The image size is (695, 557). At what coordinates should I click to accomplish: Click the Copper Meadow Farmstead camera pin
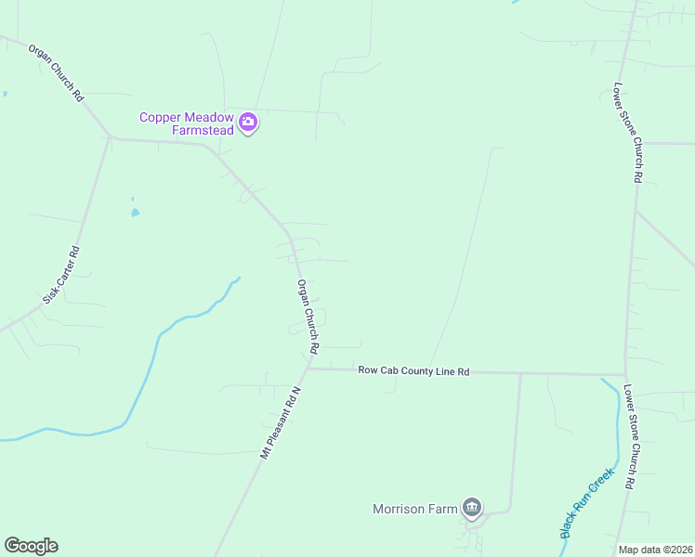[248, 123]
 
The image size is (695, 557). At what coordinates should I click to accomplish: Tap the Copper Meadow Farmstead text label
[186, 123]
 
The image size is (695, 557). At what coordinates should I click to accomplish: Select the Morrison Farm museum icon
[472, 508]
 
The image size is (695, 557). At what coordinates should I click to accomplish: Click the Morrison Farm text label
[415, 509]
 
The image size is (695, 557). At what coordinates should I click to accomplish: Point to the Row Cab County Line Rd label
[413, 371]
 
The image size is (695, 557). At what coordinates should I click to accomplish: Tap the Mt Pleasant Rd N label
[282, 424]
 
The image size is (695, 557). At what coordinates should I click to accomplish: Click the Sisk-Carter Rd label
[62, 276]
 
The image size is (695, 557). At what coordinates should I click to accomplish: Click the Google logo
[31, 546]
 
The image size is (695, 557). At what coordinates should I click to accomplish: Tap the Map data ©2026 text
[655, 550]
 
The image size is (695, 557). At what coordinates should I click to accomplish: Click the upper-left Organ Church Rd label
[57, 71]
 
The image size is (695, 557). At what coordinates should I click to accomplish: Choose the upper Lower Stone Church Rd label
[626, 132]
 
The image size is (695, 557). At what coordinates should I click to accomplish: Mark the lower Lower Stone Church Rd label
[629, 436]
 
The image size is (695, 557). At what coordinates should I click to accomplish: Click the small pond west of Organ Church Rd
[136, 212]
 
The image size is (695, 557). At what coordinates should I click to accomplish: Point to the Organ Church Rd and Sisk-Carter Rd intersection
[111, 138]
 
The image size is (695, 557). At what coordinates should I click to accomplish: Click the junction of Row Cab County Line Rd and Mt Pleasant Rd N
[308, 369]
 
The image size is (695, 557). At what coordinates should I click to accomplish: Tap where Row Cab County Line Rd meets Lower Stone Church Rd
[626, 375]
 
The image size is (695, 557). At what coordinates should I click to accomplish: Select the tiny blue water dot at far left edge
[5, 94]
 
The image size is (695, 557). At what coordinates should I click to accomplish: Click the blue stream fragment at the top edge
[514, 2]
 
